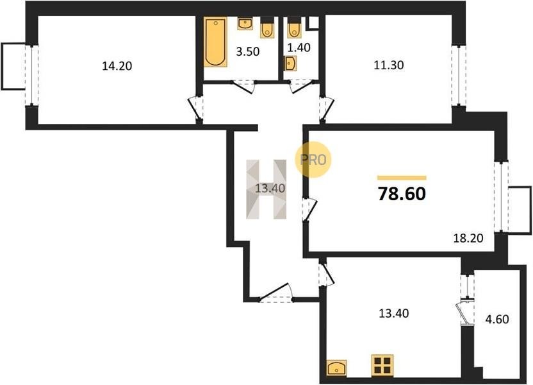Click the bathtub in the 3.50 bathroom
click(215, 42)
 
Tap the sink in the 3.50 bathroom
click(244, 24)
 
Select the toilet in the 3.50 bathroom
click(268, 27)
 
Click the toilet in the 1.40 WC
click(293, 27)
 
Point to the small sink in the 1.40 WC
click(290, 64)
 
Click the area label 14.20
click(117, 65)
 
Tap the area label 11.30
click(388, 65)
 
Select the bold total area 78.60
click(402, 194)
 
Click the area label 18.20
click(468, 238)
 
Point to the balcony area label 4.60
click(497, 320)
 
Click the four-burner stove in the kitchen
click(382, 365)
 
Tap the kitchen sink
click(336, 368)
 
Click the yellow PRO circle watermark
click(313, 160)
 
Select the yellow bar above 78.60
click(402, 177)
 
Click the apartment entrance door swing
click(275, 293)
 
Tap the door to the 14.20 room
click(196, 109)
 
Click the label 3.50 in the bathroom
click(248, 51)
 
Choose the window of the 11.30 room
click(459, 76)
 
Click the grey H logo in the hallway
click(266, 189)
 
